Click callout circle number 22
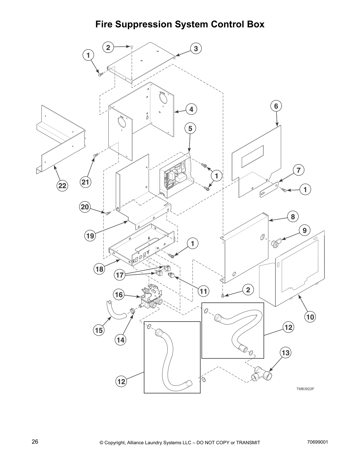click(62, 186)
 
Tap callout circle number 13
click(286, 352)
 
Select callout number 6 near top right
click(276, 106)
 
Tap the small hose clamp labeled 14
click(132, 311)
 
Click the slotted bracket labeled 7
click(269, 190)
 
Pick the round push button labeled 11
click(171, 275)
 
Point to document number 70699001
click(317, 442)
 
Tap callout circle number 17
click(119, 275)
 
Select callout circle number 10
click(310, 317)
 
